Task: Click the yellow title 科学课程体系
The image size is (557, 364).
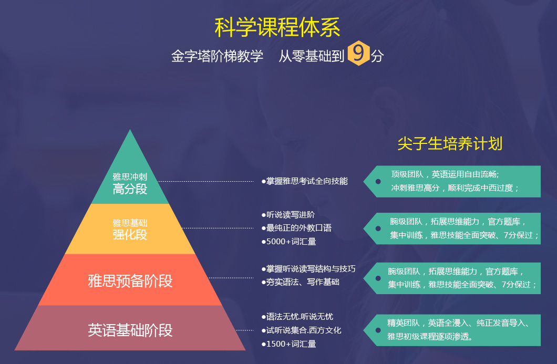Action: point(277,27)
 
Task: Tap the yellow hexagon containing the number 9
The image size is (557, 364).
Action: point(358,53)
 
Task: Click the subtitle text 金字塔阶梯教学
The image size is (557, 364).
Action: point(217,56)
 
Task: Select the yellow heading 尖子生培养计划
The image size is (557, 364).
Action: point(450,143)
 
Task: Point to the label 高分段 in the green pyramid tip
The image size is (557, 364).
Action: point(130,189)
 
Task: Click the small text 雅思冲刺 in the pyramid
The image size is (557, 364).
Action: point(130,176)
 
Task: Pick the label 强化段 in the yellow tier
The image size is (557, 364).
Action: point(130,234)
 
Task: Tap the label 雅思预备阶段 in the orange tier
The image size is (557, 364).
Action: point(130,281)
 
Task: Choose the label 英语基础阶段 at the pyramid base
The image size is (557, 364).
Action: point(130,330)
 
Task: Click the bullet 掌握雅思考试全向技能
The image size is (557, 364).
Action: point(304,181)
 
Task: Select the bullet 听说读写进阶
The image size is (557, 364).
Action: point(288,214)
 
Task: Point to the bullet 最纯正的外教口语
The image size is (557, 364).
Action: point(296,228)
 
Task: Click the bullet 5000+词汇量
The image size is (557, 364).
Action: point(288,242)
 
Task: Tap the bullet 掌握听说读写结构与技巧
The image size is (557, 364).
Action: point(308,269)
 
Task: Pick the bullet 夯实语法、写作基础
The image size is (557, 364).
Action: point(300,282)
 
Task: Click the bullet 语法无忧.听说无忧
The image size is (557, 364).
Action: point(297,316)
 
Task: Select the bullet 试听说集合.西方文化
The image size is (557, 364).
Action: point(301,330)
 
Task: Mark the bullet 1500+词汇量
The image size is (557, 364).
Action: point(288,344)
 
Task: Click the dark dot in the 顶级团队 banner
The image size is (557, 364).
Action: point(378,181)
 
